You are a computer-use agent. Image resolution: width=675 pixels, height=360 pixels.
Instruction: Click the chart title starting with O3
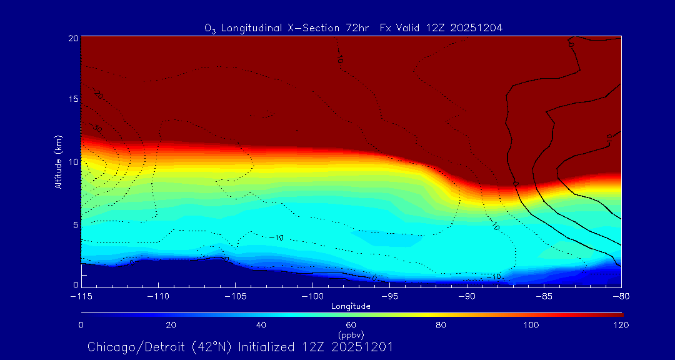click(x=354, y=27)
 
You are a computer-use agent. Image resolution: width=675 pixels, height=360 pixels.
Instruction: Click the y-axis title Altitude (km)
click(x=58, y=162)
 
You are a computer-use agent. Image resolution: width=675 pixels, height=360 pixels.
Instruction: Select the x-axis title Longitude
click(x=351, y=306)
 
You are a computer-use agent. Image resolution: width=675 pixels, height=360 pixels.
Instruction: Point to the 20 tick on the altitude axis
click(x=74, y=38)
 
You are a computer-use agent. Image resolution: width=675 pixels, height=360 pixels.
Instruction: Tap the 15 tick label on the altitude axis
click(x=74, y=99)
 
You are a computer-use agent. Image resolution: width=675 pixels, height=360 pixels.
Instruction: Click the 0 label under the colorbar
click(x=81, y=325)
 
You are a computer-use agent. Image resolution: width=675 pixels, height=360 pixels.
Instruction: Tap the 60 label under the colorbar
click(x=351, y=325)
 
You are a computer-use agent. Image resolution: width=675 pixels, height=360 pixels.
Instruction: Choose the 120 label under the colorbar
click(x=621, y=325)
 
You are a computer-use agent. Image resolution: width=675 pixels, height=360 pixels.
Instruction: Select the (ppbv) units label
click(x=351, y=334)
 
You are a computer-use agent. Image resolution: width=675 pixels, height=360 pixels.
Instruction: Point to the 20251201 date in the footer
click(x=366, y=347)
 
